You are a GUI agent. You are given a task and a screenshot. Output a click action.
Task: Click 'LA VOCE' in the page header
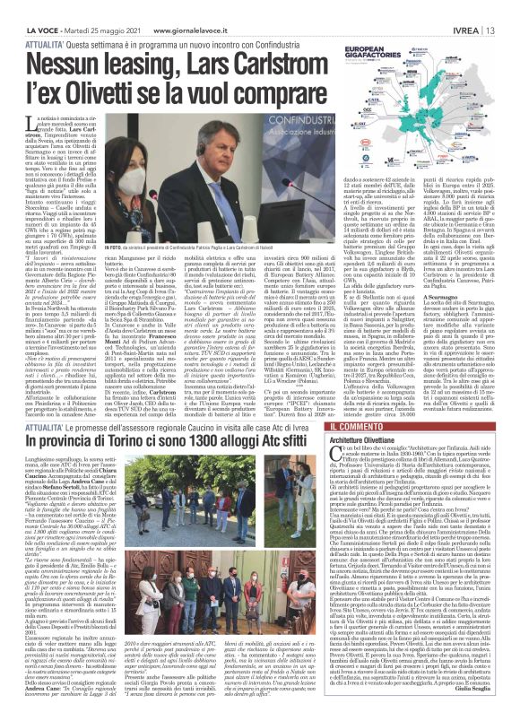[26, 7]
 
